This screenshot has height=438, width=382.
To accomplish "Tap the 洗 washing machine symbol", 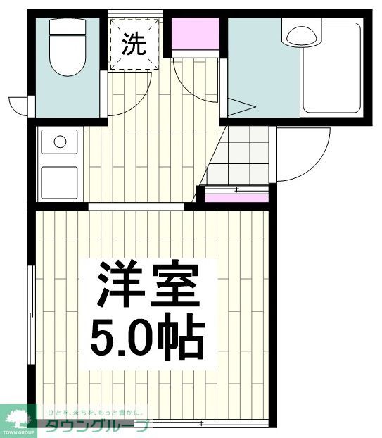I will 135,44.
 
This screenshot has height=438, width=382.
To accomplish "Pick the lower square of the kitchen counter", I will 60,182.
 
